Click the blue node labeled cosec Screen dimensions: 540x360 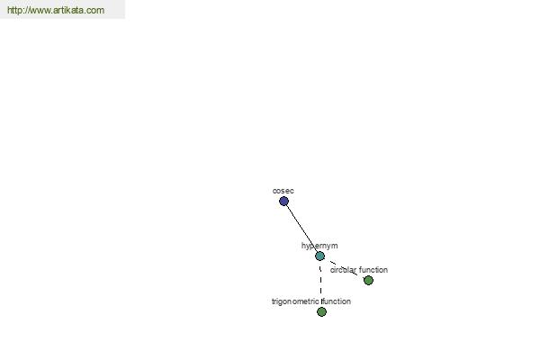[283, 202]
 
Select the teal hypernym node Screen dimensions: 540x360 [319, 256]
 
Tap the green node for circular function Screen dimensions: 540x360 [368, 281]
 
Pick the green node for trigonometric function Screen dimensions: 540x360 [321, 311]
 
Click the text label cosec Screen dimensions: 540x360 [283, 191]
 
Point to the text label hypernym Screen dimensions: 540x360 [319, 246]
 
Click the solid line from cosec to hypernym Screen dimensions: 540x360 [301, 229]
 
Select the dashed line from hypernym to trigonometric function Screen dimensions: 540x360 [320, 283]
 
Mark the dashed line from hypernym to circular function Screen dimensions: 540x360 [344, 268]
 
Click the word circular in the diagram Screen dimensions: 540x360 [343, 270]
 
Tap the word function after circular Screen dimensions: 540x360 [373, 270]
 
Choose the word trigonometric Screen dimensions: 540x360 [295, 301]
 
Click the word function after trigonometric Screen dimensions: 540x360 [336, 301]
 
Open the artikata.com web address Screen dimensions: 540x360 [56, 10]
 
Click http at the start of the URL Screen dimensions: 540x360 [14, 10]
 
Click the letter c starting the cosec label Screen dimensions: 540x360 [274, 191]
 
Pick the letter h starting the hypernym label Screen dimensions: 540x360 [303, 246]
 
